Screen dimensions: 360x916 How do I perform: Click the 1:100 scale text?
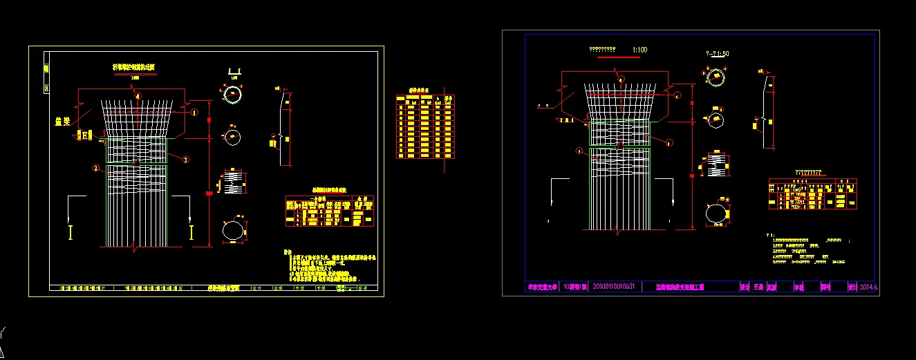(640, 50)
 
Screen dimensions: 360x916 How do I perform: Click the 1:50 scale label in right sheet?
(718, 53)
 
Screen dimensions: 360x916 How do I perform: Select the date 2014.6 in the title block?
(868, 287)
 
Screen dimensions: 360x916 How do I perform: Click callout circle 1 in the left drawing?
(194, 111)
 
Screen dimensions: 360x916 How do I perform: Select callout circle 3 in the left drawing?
(186, 160)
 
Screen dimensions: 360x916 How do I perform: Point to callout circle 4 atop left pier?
(138, 96)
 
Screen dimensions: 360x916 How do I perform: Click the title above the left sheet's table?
(329, 189)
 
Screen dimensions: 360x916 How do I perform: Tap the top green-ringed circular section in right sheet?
(714, 75)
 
